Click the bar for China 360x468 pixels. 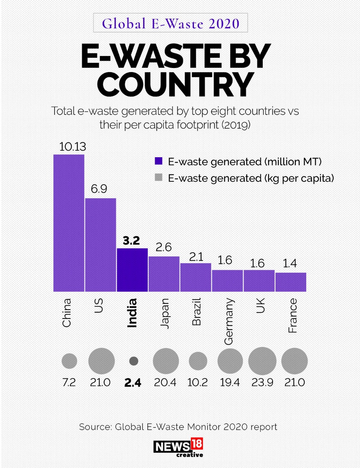tap(69, 223)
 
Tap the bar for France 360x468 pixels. tap(290, 282)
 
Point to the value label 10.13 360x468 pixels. tap(72, 147)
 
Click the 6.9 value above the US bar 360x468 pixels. tap(99, 189)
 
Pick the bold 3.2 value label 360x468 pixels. tap(131, 241)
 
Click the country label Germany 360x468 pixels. tap(228, 321)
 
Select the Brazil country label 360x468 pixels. tap(196, 312)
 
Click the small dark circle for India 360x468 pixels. tap(134, 361)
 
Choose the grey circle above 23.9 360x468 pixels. tap(262, 361)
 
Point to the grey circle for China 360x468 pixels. tap(69, 361)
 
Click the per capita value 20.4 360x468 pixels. tap(165, 382)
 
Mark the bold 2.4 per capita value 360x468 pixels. tap(132, 383)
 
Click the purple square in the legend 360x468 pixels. tap(158, 161)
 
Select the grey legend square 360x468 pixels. tap(158, 178)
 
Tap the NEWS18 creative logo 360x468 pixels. tap(179, 448)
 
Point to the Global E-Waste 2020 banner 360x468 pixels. tap(170, 23)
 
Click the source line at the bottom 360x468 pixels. tap(178, 427)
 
